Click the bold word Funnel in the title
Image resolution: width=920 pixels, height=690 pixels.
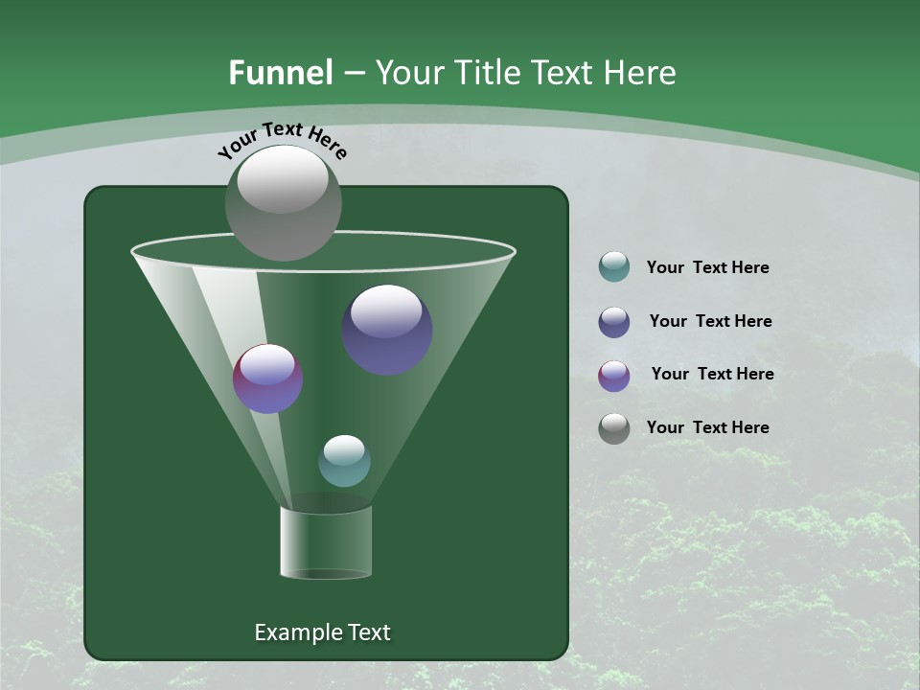tap(280, 73)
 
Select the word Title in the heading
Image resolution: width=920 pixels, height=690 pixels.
tap(484, 73)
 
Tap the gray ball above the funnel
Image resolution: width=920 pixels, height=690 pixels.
tap(283, 202)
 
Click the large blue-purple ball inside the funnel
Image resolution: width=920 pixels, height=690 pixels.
tap(386, 330)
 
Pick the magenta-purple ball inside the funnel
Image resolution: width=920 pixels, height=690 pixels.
tap(268, 379)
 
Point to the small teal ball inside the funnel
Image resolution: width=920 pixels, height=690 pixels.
tap(344, 461)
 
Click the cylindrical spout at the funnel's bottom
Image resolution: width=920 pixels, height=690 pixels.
tap(326, 542)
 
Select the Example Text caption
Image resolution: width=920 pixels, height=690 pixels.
tap(322, 632)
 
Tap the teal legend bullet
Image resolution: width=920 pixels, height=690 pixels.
tap(614, 267)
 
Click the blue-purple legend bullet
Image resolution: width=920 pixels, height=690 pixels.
tap(614, 322)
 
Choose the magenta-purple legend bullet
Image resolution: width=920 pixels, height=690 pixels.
tap(614, 376)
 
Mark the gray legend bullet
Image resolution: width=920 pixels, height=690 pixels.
tap(614, 428)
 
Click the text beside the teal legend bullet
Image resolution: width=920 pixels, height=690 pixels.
tap(707, 268)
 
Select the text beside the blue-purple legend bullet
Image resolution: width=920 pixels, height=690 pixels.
tap(710, 322)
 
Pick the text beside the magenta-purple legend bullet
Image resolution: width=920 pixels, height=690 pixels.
tap(712, 375)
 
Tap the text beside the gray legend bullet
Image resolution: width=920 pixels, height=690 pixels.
tap(707, 427)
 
